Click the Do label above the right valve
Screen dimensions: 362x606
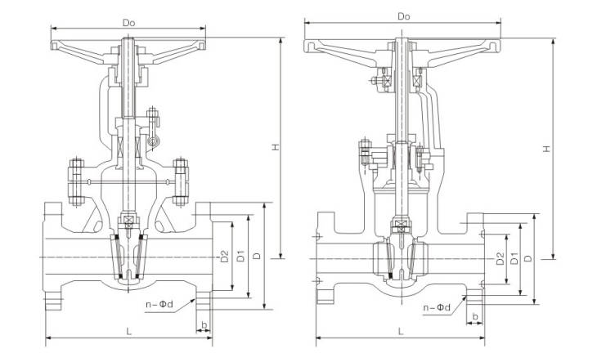(x=403, y=16)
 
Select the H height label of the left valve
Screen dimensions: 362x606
(x=276, y=147)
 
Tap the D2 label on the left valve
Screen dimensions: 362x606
(x=223, y=256)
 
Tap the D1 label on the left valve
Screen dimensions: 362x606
(x=240, y=256)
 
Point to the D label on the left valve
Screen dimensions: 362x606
(x=258, y=256)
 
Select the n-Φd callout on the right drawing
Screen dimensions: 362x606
(x=438, y=307)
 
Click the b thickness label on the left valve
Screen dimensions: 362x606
(x=204, y=326)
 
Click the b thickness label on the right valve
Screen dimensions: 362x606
(x=475, y=314)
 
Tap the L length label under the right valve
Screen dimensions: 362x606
(x=400, y=331)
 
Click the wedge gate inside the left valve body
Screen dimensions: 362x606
(x=131, y=253)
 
